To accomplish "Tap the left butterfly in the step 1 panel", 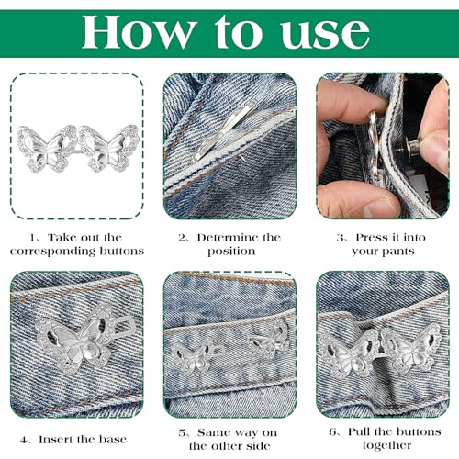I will click(47, 148).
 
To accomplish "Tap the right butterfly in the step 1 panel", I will click(108, 148).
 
